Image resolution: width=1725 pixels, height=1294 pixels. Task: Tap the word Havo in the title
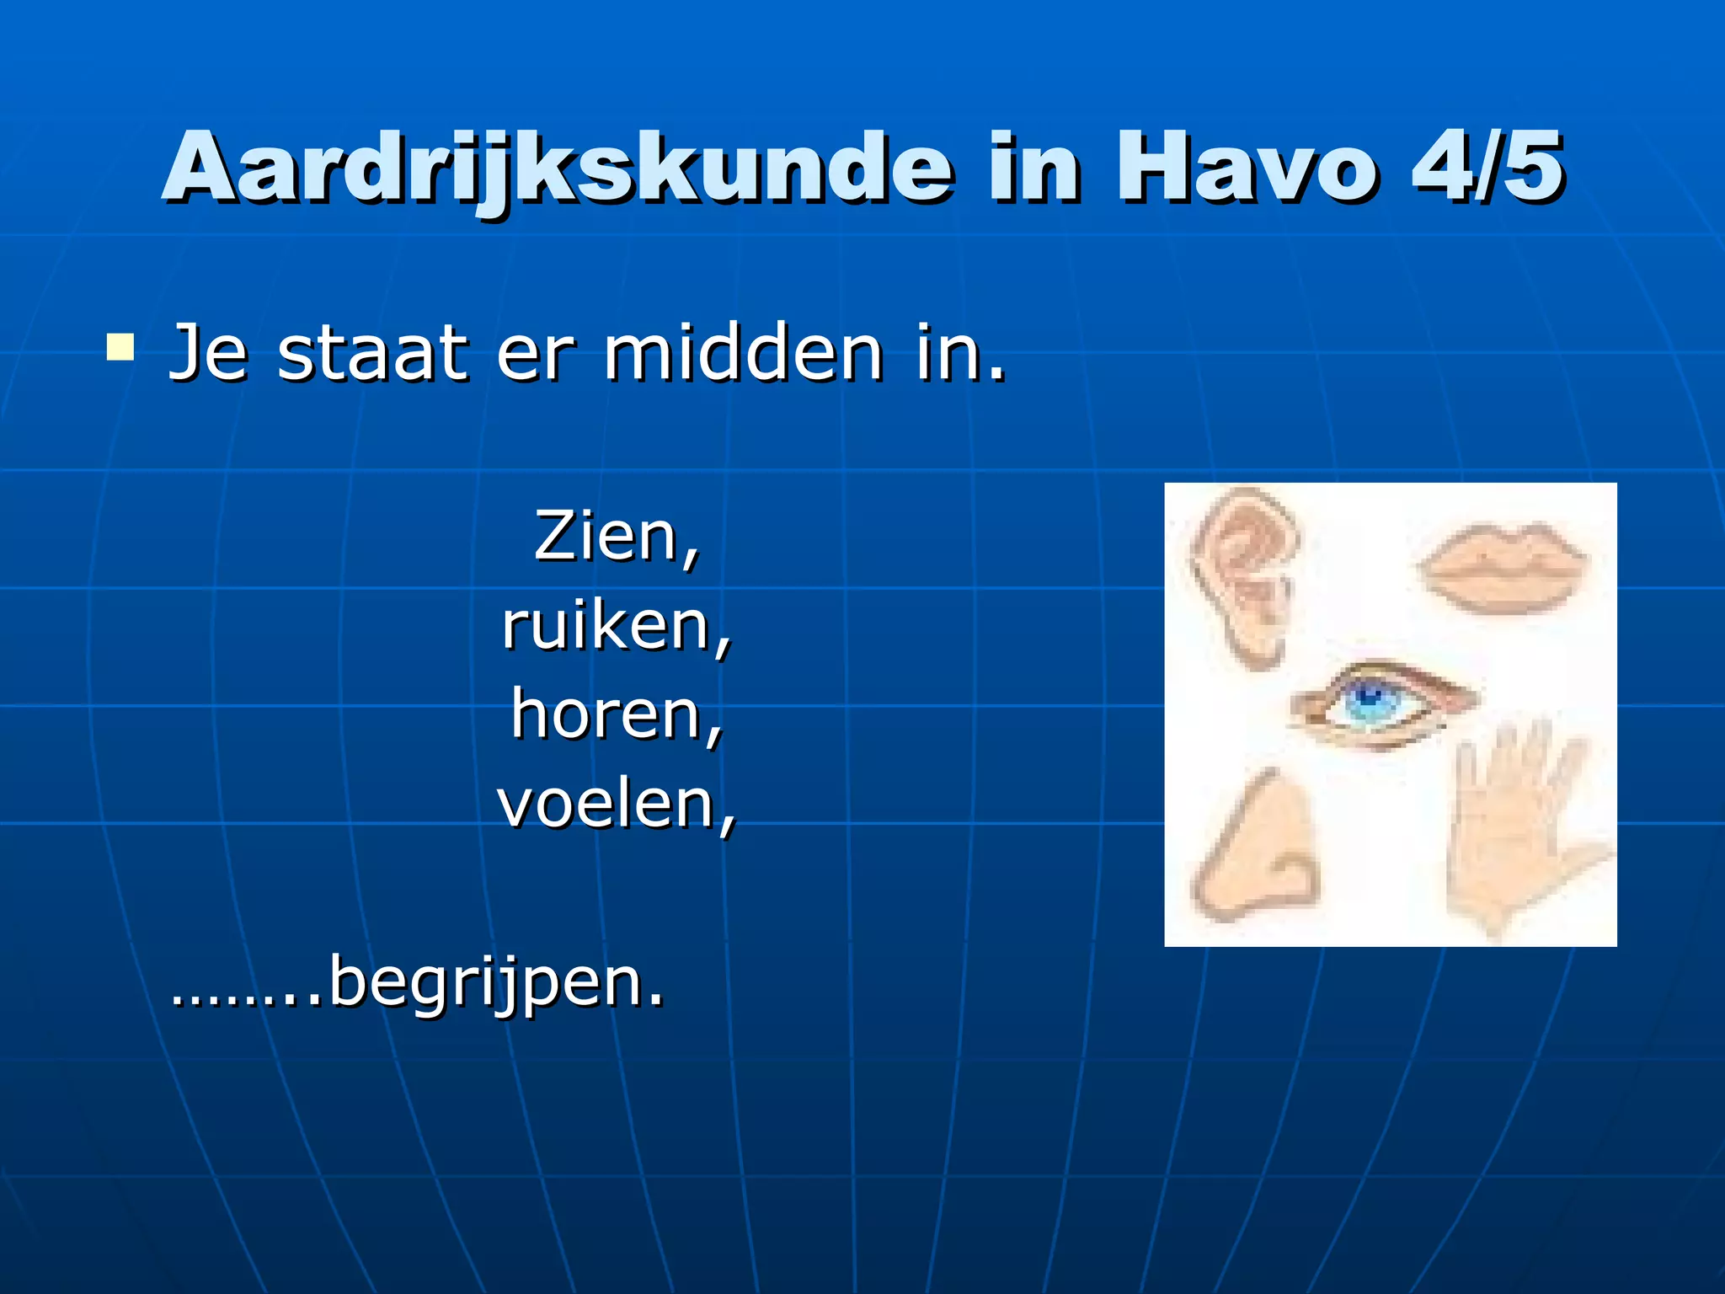[x=1247, y=168]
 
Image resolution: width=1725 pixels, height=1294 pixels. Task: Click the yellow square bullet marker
[x=120, y=348]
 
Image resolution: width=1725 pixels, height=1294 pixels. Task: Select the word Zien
[x=606, y=536]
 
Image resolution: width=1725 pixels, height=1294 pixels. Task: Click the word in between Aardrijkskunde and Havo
[x=1034, y=168]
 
